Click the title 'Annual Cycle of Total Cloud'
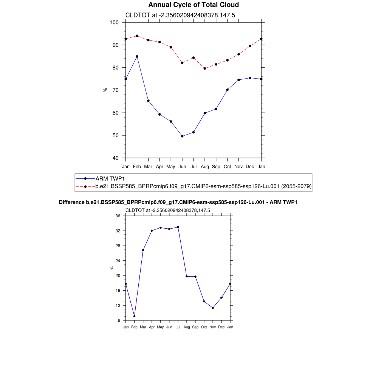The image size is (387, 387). (193, 5)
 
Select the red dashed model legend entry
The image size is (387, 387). (203, 186)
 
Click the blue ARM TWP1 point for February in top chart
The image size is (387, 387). (137, 56)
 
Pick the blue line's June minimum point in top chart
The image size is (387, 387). (182, 136)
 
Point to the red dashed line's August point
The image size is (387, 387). (205, 68)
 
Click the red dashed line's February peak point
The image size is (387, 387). (137, 36)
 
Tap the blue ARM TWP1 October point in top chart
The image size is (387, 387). (227, 90)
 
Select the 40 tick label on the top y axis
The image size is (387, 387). (115, 158)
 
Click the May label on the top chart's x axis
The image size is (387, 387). (171, 166)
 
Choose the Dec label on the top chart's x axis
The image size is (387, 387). (250, 166)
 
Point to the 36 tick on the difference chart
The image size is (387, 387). (118, 216)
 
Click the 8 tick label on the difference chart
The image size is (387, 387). (119, 320)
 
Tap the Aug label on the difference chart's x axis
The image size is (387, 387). (187, 327)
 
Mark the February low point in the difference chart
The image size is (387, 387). (134, 316)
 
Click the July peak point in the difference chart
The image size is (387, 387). (178, 227)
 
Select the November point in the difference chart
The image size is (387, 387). (213, 308)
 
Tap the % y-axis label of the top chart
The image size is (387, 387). (105, 90)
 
